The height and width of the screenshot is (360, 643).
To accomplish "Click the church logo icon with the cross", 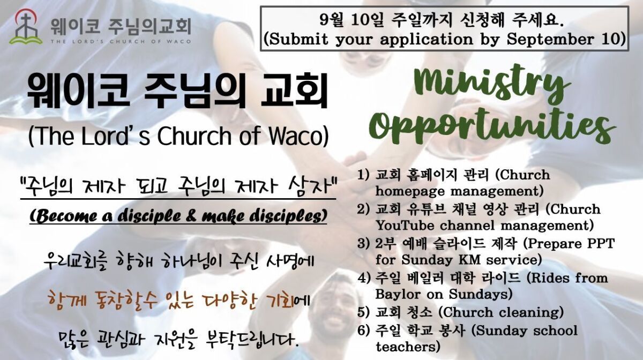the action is tap(26, 27).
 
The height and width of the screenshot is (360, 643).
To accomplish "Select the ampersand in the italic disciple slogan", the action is tap(193, 217).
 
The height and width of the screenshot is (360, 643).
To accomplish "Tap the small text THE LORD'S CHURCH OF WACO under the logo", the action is tap(121, 41).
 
